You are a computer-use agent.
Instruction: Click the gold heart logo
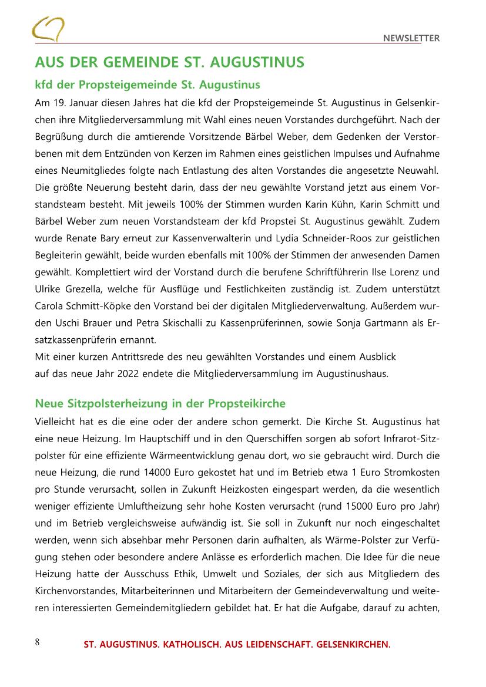click(48, 28)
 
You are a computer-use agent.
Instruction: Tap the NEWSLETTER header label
click(411, 38)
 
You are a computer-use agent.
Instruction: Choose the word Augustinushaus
click(352, 373)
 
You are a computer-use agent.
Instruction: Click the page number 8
click(37, 642)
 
